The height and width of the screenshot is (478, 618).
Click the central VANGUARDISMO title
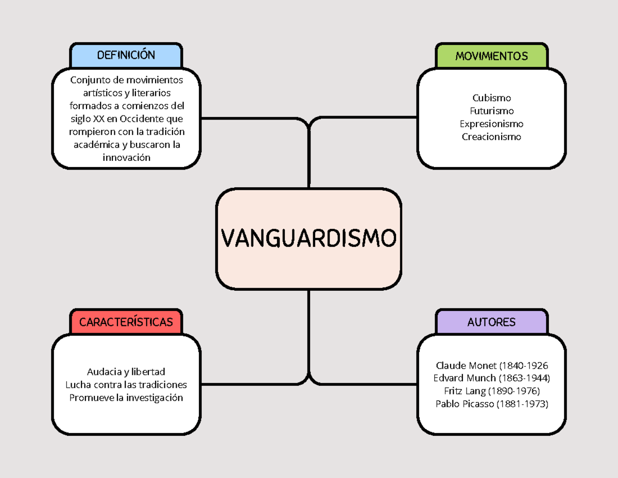[x=309, y=238]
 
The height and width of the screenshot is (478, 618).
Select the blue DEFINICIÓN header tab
[x=126, y=56]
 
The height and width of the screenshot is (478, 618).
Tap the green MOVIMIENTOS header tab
[x=491, y=56]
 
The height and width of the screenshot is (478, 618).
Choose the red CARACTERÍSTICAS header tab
[x=126, y=322]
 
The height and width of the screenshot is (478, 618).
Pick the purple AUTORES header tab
[x=491, y=322]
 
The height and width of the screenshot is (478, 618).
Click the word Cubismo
[x=491, y=98]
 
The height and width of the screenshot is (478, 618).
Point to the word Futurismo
[x=491, y=111]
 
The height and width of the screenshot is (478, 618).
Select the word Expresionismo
[x=491, y=124]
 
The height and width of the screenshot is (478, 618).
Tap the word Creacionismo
[x=491, y=137]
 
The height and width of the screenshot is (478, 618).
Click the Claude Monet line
[x=491, y=366]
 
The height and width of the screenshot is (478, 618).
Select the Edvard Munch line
[x=491, y=378]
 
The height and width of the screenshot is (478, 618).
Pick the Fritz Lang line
[x=491, y=391]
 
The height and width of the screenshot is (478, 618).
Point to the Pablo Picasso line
[x=491, y=404]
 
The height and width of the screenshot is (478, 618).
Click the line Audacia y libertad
[x=126, y=372]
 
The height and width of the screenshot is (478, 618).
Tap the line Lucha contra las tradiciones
[x=126, y=385]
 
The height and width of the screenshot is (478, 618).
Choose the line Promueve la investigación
[x=126, y=398]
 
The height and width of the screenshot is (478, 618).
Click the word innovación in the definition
[x=126, y=157]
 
